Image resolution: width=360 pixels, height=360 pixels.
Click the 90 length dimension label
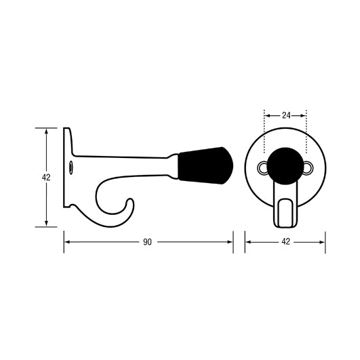coord(147,242)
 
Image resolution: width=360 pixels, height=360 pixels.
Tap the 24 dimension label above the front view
coord(285,115)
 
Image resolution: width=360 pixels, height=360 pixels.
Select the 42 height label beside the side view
coord(46,177)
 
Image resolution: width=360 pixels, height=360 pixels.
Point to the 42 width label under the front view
coord(285,242)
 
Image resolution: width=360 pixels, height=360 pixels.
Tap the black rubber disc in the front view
coord(285,165)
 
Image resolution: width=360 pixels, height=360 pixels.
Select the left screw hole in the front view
coord(262,167)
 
